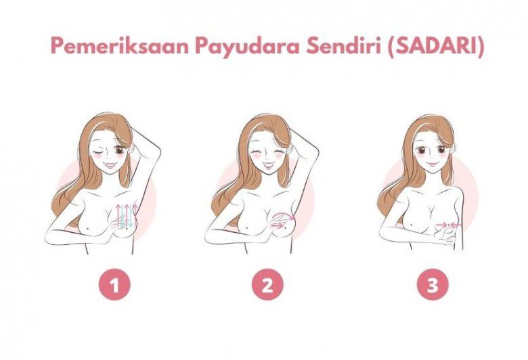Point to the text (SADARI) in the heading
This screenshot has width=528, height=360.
(436, 47)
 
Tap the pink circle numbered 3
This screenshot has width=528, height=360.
(433, 285)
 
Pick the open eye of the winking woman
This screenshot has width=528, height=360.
(120, 150)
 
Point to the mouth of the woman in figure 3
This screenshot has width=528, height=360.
(431, 164)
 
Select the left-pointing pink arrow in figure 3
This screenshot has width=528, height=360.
(457, 224)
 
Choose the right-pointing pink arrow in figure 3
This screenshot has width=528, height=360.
(441, 224)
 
